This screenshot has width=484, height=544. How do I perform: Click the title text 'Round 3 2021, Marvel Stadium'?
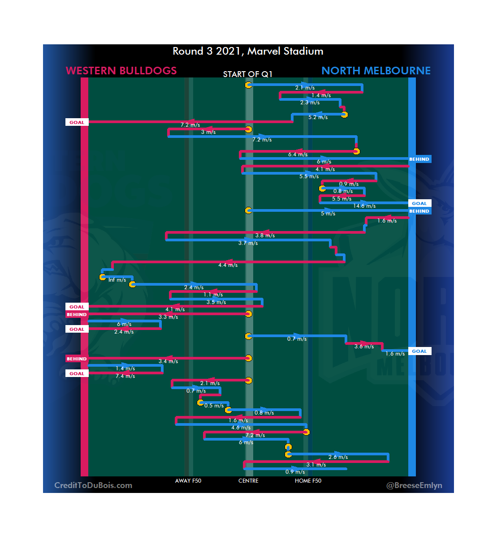(248, 51)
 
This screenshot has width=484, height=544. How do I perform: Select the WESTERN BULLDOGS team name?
(121, 71)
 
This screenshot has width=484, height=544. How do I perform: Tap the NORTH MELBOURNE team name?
(376, 71)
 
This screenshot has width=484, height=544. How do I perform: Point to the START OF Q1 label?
(248, 74)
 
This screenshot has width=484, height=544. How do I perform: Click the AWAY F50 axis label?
(188, 481)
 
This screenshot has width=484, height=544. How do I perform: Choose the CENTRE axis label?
(248, 481)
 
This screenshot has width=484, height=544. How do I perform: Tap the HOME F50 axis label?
(308, 481)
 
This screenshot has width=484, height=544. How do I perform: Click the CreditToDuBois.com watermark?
(93, 485)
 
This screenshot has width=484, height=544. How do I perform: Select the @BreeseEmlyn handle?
(414, 485)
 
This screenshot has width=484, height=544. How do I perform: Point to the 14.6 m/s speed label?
(364, 206)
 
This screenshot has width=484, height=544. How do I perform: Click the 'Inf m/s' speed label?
(117, 280)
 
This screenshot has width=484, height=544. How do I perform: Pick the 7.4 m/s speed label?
(125, 377)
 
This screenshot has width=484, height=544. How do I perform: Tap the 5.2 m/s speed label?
(318, 117)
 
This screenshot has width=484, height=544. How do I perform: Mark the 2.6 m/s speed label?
(338, 458)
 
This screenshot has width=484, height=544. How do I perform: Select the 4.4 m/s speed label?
(228, 266)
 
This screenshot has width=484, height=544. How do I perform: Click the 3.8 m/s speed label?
(265, 236)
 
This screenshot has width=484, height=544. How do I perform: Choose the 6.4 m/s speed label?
(298, 154)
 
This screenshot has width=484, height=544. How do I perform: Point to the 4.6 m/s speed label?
(241, 428)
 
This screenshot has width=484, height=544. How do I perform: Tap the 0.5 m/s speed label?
(214, 406)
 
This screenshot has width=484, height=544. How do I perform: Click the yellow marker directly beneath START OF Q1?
(248, 85)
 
